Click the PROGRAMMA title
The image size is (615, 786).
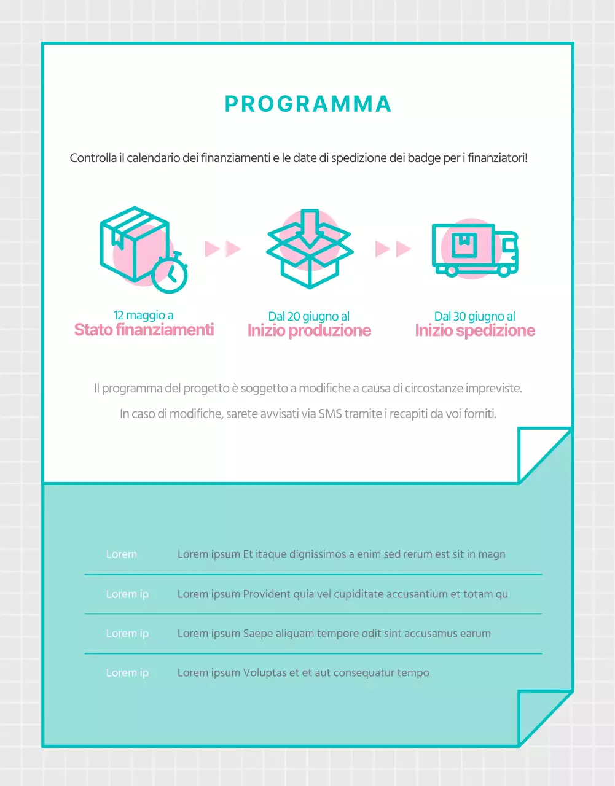coord(308,104)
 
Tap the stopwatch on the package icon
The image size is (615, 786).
coord(170,274)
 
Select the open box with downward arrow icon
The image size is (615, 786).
coord(310,249)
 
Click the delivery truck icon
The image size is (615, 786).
coord(475,249)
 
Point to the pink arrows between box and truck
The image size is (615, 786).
coord(393,249)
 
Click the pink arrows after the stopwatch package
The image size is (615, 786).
coord(222,249)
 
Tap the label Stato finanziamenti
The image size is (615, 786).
coord(144,330)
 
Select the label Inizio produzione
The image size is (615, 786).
coord(309,331)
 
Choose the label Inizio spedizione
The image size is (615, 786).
coord(475,331)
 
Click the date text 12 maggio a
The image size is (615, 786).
coord(143,316)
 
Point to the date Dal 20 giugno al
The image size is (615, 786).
coord(309,317)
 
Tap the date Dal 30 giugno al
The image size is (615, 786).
coord(475,317)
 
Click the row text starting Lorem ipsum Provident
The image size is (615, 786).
coord(342,594)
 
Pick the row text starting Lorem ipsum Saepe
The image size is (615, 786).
coord(334,634)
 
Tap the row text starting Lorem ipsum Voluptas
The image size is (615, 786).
coord(303,673)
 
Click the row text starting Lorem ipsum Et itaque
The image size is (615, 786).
coord(341,554)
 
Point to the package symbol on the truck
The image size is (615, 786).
coord(464,245)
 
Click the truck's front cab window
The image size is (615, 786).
coord(509,245)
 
